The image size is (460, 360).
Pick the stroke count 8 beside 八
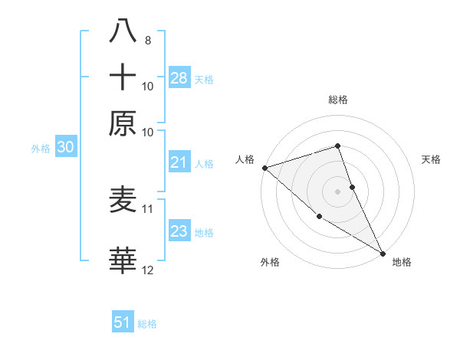pos(147,40)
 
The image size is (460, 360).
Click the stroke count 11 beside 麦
pos(148,208)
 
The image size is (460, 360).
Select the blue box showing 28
pos(179,77)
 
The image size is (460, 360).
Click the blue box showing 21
pos(179,162)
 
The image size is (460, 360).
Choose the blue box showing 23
pos(179,231)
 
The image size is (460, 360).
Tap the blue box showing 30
pos(65,148)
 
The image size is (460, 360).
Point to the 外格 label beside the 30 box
pos(41,149)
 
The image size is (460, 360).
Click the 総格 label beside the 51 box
pos(147,324)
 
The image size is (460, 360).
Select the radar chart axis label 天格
pos(431,159)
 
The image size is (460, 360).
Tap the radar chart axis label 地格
pos(402,262)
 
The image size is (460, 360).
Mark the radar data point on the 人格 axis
pos(264,168)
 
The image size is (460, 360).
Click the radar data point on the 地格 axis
pos(383,253)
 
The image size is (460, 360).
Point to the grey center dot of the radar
pos(337,191)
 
